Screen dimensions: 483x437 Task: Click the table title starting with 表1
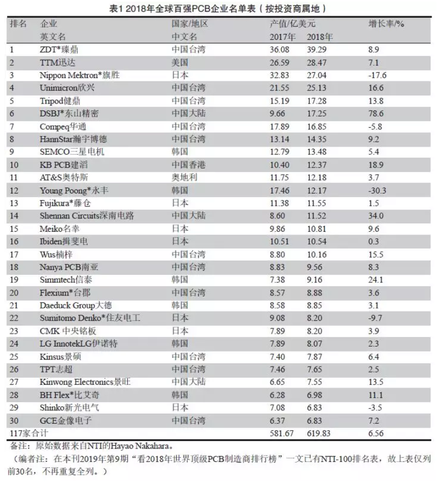tap(218, 9)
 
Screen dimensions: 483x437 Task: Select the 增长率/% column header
tap(386, 24)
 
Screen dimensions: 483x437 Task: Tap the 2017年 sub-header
tap(282, 37)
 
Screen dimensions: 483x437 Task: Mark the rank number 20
tap(15, 293)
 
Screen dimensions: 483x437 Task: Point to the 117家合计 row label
tap(27, 433)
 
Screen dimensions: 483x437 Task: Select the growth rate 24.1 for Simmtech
tap(377, 280)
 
